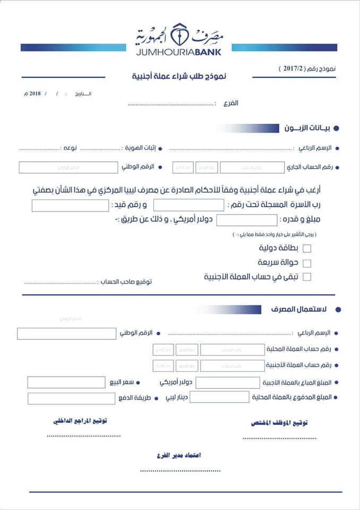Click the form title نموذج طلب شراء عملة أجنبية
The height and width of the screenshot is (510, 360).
click(x=179, y=76)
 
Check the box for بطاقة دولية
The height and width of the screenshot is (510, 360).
click(x=307, y=248)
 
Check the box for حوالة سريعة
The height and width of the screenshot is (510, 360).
click(x=307, y=263)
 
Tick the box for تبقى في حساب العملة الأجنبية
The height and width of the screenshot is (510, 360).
click(x=307, y=277)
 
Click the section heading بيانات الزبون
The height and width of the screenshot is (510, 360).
click(x=307, y=128)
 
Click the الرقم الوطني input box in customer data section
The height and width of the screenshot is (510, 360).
click(x=68, y=167)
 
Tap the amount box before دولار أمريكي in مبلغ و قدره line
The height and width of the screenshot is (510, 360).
click(x=247, y=220)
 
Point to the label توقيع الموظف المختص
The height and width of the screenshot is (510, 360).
click(x=279, y=423)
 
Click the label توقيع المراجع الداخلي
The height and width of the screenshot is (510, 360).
click(x=80, y=421)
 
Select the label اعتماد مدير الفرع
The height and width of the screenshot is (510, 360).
click(x=179, y=456)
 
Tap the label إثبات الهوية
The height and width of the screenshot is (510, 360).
click(x=141, y=148)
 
